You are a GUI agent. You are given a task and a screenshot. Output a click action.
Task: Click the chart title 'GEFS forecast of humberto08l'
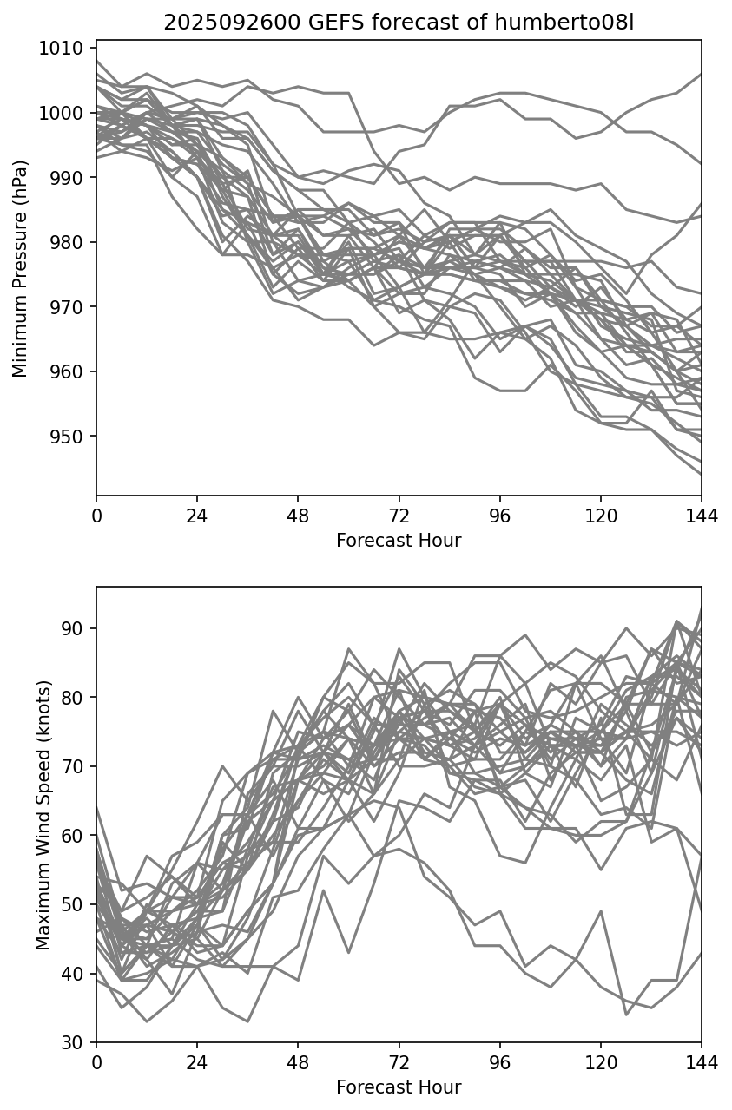tap(399, 23)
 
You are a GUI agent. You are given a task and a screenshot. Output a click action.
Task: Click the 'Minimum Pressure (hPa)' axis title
tap(21, 268)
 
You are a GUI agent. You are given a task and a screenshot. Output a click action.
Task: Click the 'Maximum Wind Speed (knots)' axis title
tap(43, 815)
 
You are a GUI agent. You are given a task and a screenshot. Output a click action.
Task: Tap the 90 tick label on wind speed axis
tap(78, 628)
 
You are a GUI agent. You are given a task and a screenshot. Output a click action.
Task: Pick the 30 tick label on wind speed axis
tap(78, 1042)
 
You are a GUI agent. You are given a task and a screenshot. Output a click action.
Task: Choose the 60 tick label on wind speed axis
tap(78, 836)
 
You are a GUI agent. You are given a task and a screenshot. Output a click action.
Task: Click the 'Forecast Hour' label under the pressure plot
tap(399, 541)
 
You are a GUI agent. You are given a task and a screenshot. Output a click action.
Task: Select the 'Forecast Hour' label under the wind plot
tap(399, 1087)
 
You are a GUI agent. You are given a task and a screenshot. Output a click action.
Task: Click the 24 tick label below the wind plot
tap(197, 1063)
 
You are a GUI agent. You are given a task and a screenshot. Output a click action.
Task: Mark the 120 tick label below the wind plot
tap(601, 1063)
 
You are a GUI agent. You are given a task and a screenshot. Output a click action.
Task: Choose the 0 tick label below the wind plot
tap(96, 1063)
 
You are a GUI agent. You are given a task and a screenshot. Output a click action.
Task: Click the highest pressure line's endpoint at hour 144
tap(701, 75)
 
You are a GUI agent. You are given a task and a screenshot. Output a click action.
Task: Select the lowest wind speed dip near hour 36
tap(247, 1021)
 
